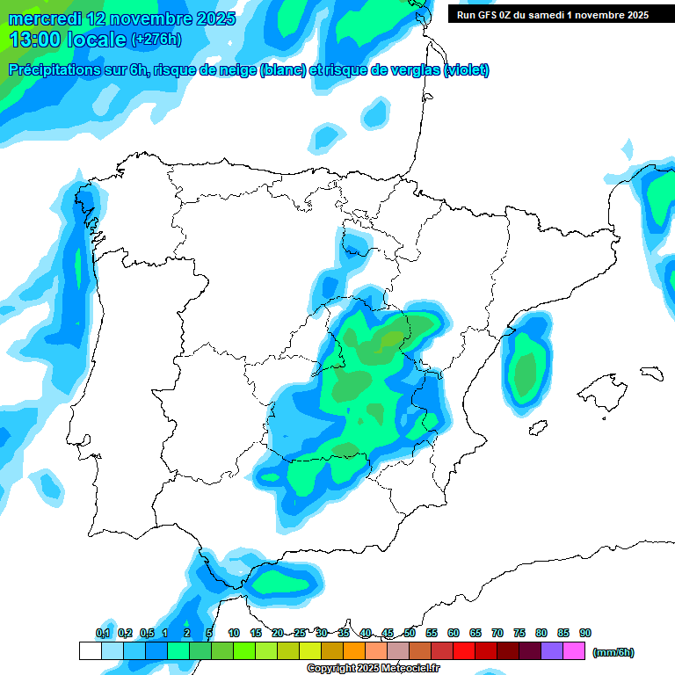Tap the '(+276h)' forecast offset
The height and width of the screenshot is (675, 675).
point(156,40)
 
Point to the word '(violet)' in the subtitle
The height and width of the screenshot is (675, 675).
point(467,70)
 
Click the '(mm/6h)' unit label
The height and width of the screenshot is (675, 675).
point(613,652)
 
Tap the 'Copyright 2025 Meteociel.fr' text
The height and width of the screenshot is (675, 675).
point(374,669)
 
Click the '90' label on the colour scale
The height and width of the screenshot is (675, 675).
point(585,633)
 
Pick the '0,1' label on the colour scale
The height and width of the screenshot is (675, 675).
point(103,633)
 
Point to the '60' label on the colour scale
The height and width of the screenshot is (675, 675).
point(454,633)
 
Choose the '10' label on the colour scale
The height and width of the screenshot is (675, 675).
point(234,633)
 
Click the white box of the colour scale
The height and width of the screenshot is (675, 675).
point(90,650)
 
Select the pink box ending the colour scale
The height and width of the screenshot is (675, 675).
point(574,650)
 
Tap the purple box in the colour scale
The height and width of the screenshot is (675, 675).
point(552,650)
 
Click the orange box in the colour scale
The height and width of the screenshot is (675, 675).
point(354,650)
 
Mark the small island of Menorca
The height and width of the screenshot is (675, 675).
point(651,373)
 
